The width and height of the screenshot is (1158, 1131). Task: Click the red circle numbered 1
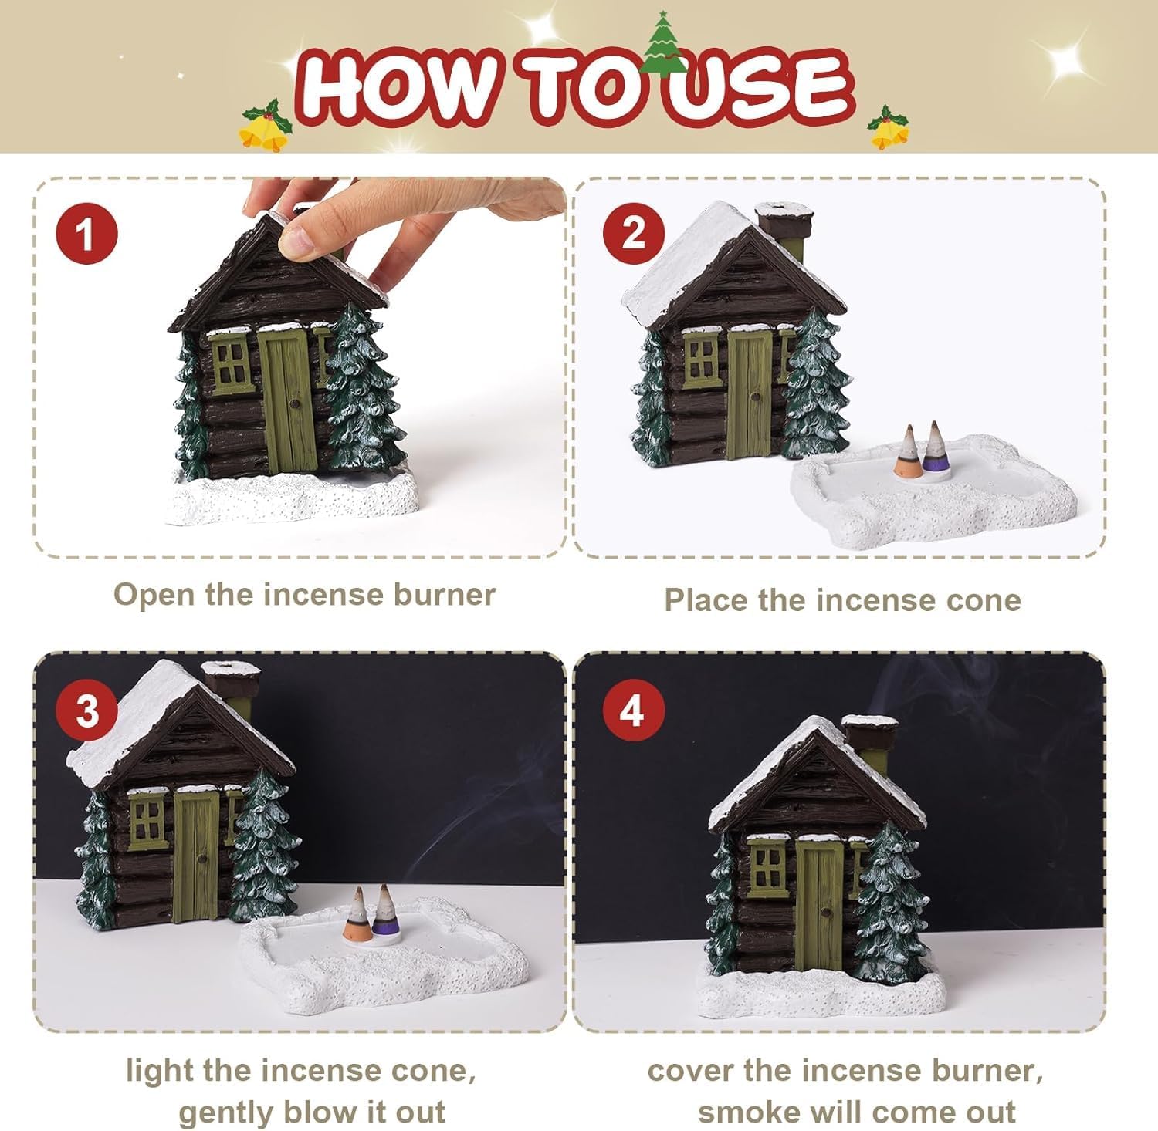click(86, 233)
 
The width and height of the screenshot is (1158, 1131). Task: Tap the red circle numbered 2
click(633, 233)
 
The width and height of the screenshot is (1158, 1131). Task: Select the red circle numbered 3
click(86, 710)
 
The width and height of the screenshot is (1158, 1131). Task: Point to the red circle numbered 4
click(633, 710)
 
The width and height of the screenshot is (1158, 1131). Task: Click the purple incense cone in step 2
click(936, 447)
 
